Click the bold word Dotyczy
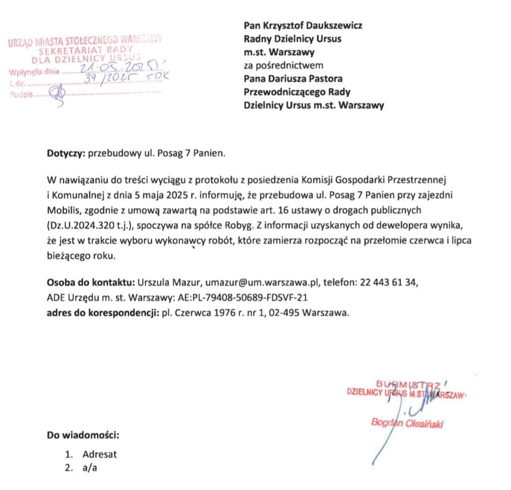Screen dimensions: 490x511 (x=66, y=153)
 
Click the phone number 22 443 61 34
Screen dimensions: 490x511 (x=388, y=283)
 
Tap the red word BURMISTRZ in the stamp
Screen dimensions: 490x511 (x=406, y=384)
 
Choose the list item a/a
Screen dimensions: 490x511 (x=89, y=468)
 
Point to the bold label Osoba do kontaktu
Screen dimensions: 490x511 (x=91, y=283)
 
